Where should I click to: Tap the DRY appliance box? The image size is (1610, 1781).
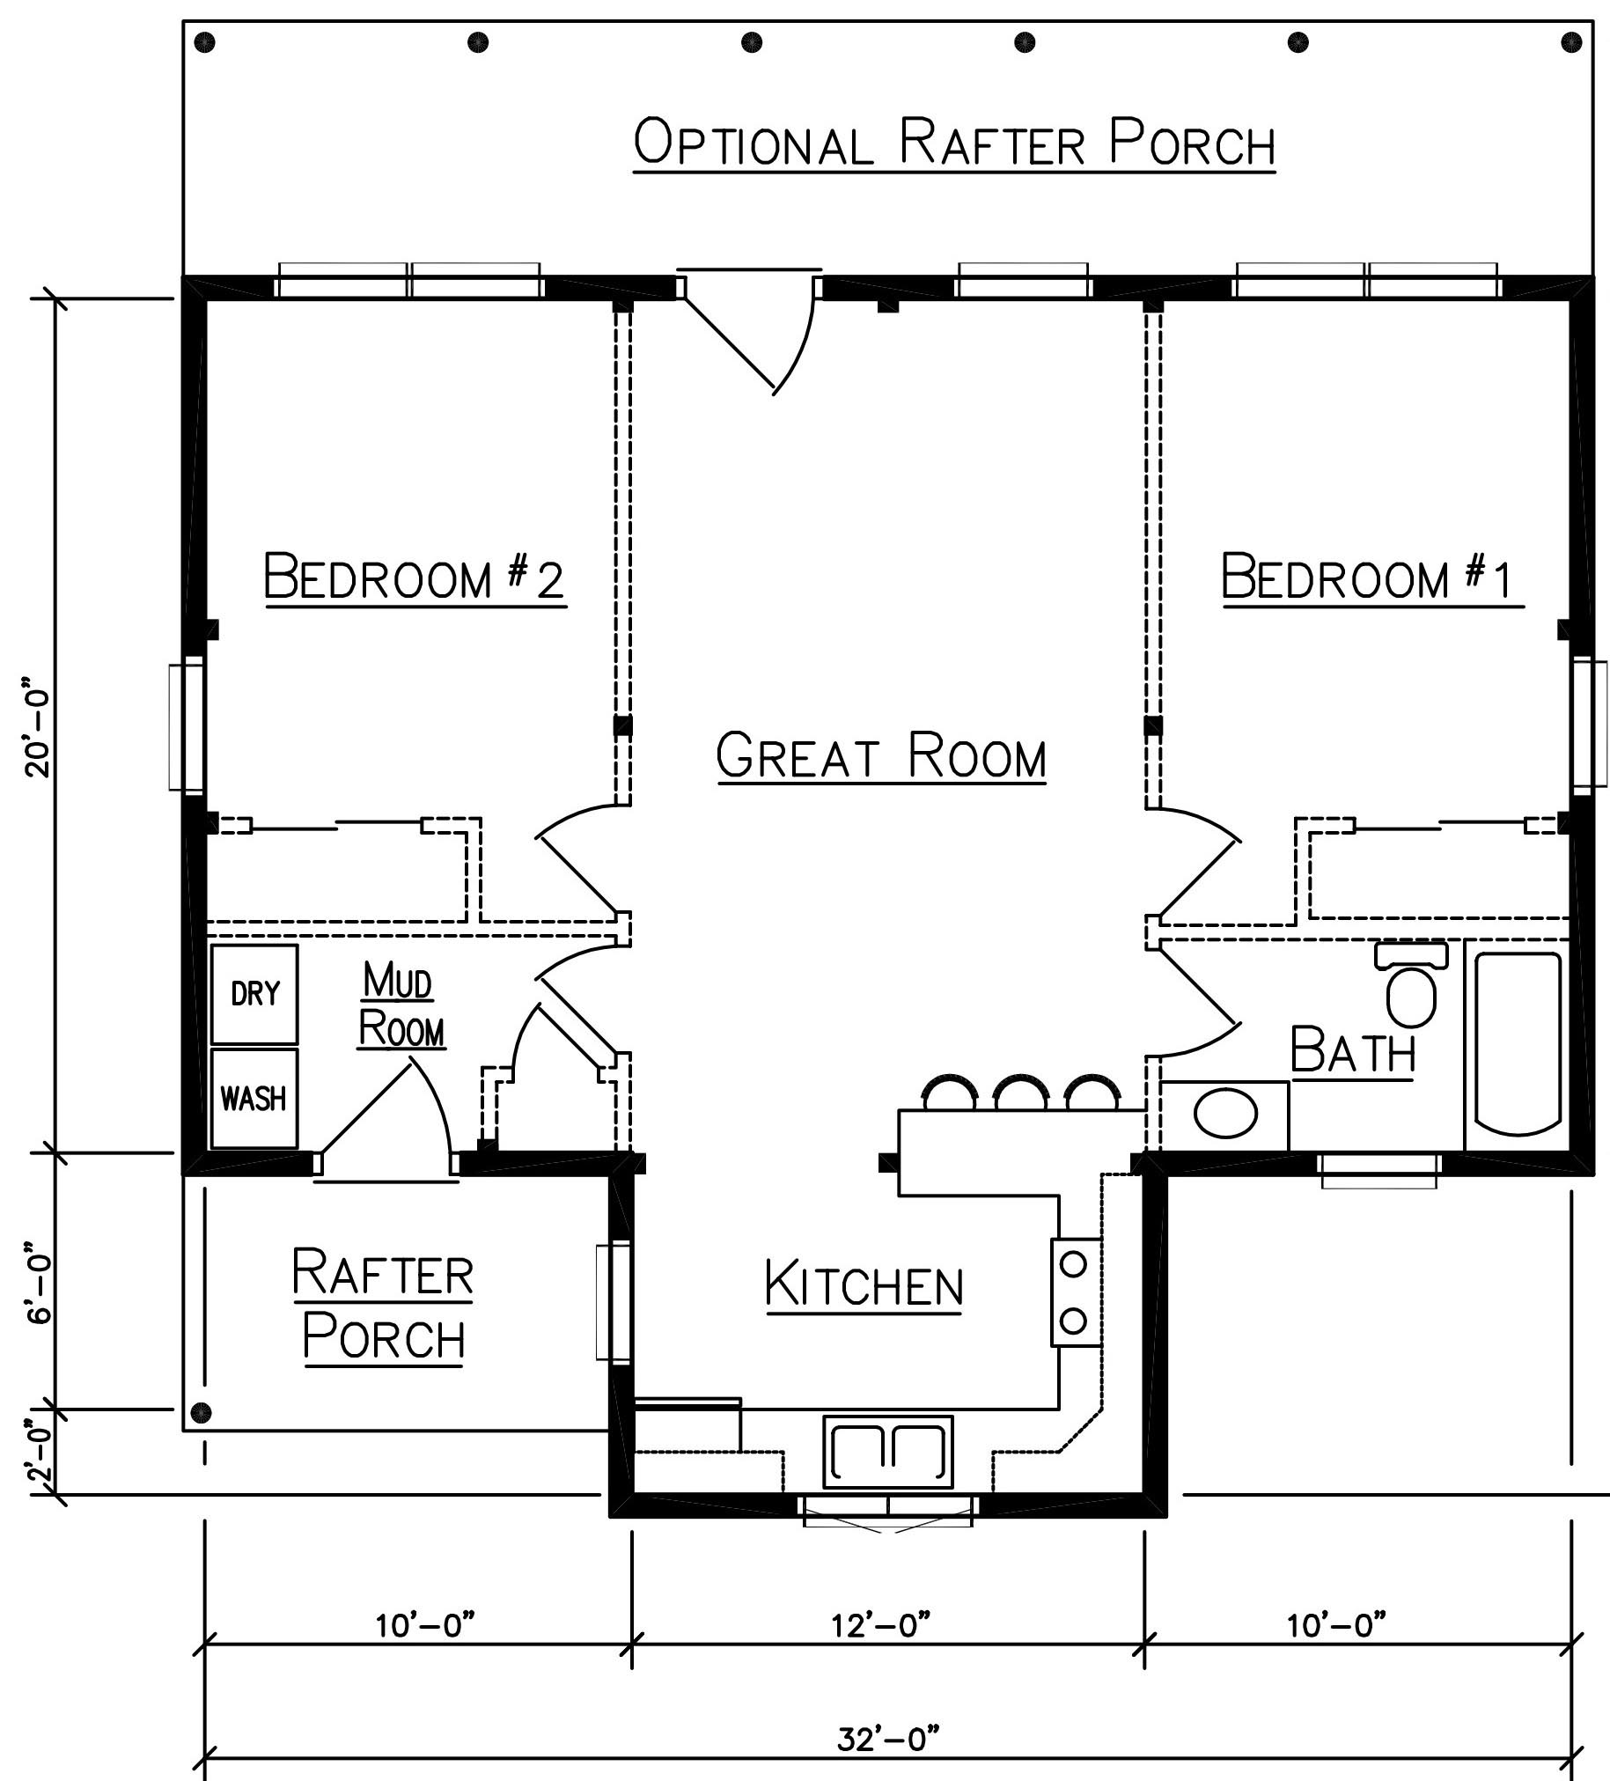click(254, 994)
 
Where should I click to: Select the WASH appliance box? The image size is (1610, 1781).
click(254, 1098)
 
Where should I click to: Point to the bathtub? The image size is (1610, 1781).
click(1517, 1045)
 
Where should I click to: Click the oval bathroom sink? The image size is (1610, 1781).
click(1225, 1114)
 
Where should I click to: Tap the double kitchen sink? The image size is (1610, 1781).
click(887, 1453)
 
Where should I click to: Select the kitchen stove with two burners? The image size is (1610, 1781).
click(1075, 1292)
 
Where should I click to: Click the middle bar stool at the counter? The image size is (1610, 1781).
click(1021, 1092)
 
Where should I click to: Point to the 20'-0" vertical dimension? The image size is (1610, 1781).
click(40, 727)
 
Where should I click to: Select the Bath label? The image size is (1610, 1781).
click(1353, 1050)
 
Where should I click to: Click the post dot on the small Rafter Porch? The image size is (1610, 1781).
click(202, 1411)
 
